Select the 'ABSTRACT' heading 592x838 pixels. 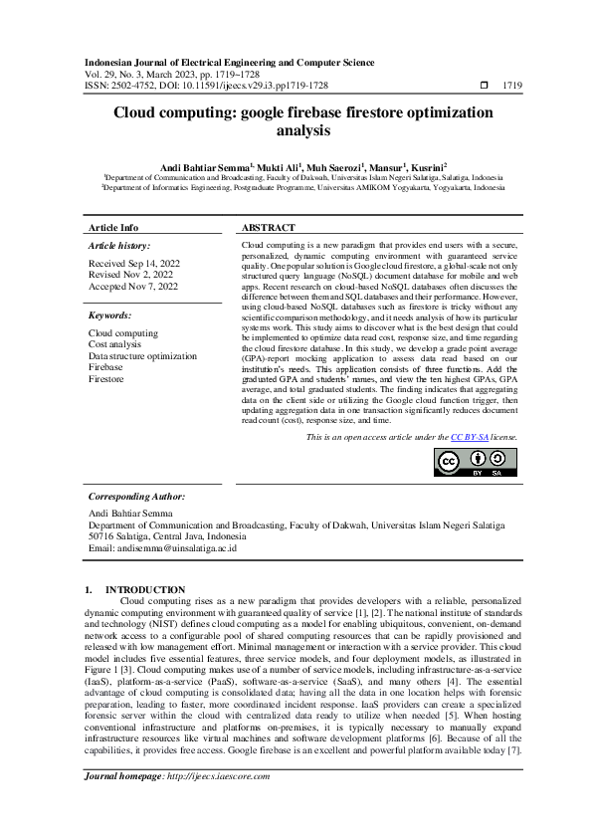pos(268,227)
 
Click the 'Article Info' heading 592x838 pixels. pos(113,227)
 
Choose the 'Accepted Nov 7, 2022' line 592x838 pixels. pos(132,287)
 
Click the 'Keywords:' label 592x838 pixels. pos(109,314)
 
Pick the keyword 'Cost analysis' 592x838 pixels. pos(117,345)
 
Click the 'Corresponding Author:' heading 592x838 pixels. pos(136,495)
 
